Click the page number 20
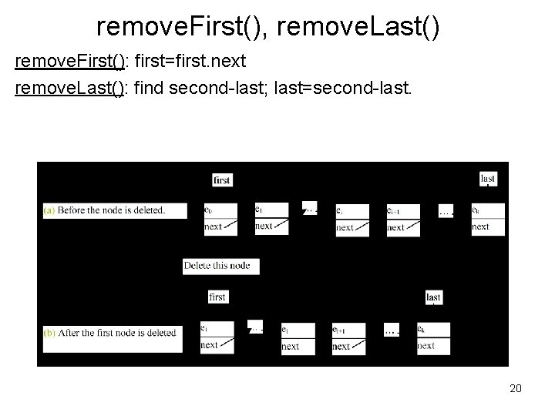coord(516,388)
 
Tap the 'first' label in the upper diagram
coord(221,179)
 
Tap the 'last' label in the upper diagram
coord(488,178)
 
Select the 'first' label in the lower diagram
coord(217,297)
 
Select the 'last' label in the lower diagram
coord(434,297)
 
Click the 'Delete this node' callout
coord(217,266)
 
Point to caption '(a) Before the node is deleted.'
coord(115,210)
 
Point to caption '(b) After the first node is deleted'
coord(110,333)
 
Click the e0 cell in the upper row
coord(220,210)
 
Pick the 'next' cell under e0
coord(220,226)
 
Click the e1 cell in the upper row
coord(271,210)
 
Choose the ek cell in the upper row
coord(488,210)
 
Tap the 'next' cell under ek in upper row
coord(488,226)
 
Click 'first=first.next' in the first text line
coord(190,61)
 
